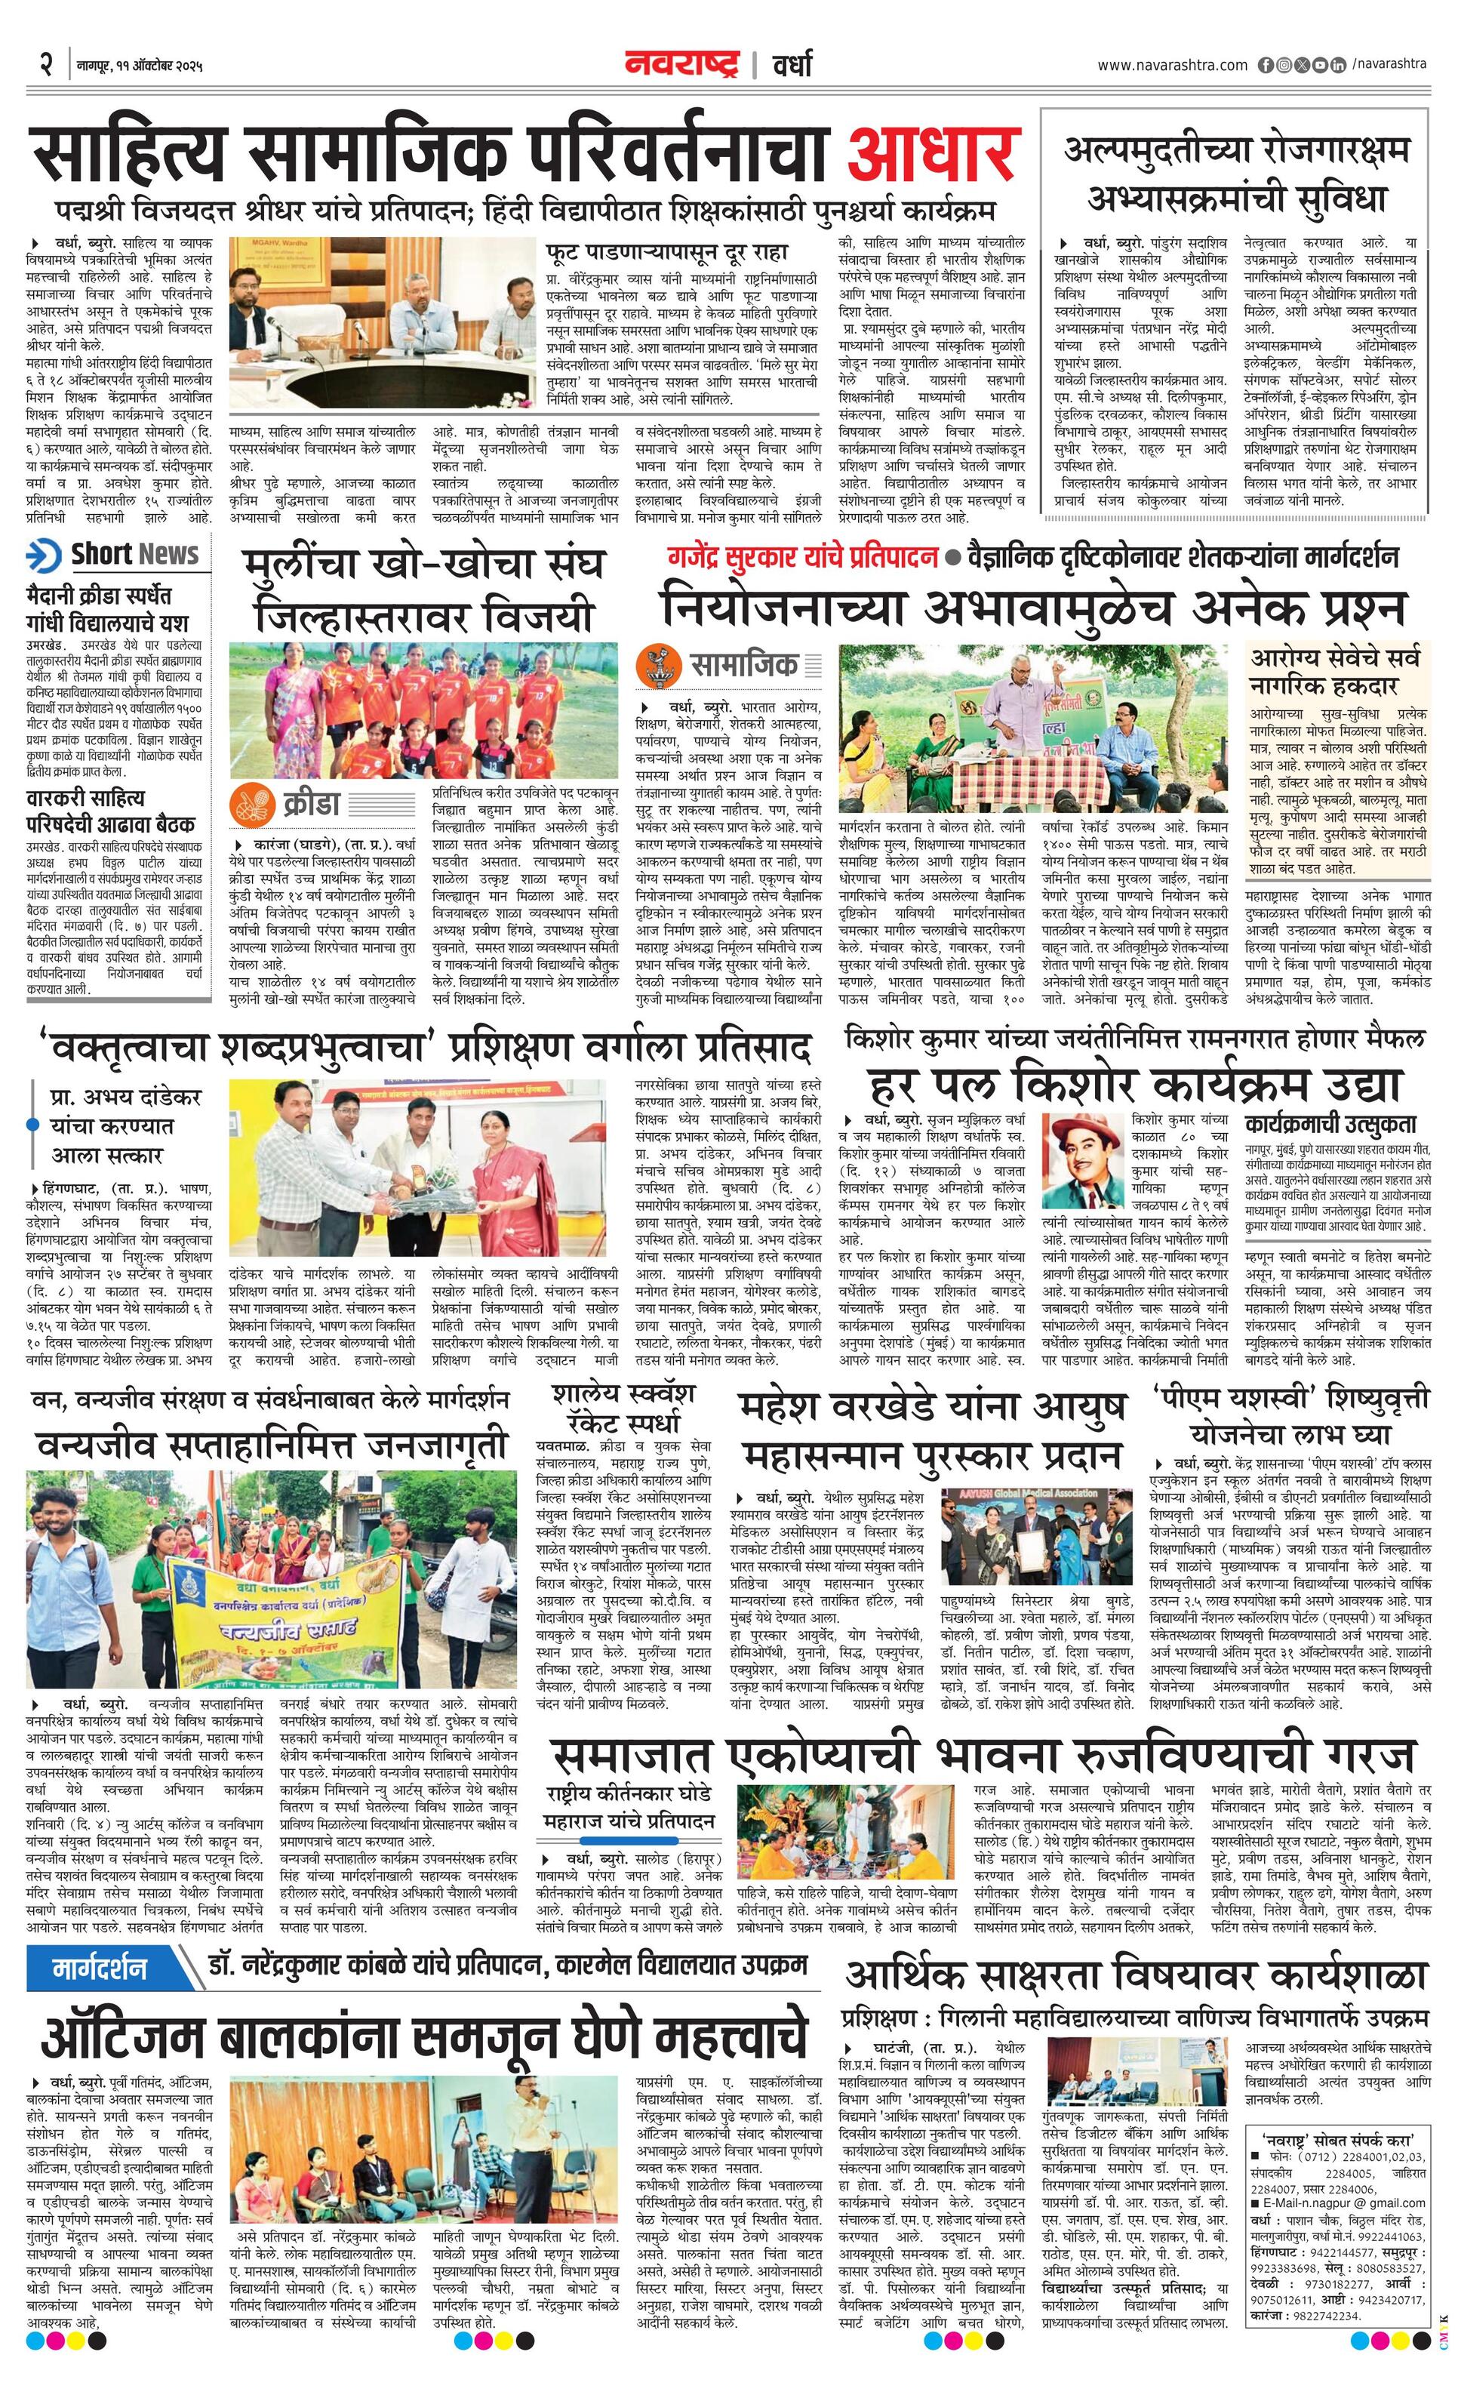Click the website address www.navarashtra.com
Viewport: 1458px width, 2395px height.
pos(1172,65)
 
